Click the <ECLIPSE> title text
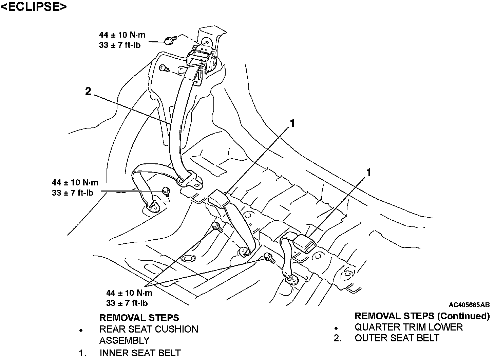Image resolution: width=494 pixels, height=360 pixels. (34, 6)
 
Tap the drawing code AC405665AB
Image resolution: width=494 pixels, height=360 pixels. (469, 305)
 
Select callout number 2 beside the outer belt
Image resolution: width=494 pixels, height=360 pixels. (88, 91)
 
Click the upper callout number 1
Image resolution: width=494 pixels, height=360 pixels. (292, 123)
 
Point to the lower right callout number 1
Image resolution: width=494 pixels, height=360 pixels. (368, 173)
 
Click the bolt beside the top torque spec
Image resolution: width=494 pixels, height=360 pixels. (170, 40)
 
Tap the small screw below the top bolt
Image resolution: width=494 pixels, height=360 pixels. (164, 68)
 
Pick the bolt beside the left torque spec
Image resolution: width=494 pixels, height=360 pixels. (166, 191)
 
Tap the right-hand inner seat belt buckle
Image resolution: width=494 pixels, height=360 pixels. (304, 243)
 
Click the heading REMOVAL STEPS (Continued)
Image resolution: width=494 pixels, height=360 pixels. (422, 316)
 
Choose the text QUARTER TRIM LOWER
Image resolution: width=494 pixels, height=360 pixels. (408, 327)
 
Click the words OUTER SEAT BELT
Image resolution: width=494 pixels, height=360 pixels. (397, 338)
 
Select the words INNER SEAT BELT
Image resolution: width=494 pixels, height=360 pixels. (140, 353)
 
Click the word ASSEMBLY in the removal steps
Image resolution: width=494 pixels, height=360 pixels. (125, 340)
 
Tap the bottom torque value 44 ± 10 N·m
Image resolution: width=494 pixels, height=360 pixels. (129, 293)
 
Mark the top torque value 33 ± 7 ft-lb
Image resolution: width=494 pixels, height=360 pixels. (119, 45)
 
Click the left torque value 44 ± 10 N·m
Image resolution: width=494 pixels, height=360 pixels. (75, 182)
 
